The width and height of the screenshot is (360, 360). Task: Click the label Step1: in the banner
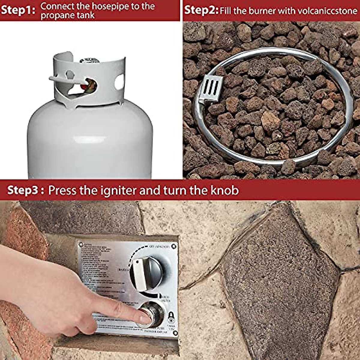[18, 10]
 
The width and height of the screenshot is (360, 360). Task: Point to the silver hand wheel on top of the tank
[89, 60]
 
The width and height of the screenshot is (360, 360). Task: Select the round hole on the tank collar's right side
[119, 82]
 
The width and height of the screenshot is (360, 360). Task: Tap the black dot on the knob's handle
[138, 262]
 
